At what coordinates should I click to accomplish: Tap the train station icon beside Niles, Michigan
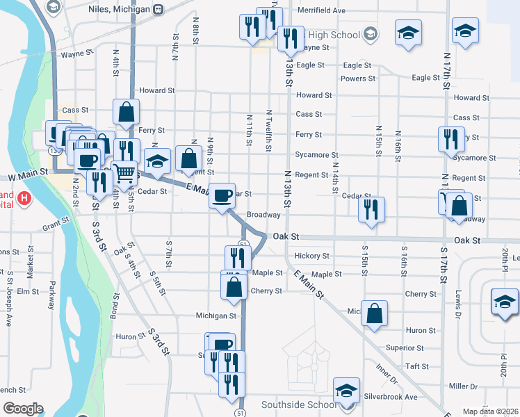(159, 10)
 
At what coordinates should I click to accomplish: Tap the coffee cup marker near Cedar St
(223, 196)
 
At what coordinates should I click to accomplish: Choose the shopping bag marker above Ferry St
(127, 112)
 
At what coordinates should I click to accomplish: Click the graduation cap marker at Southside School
(346, 391)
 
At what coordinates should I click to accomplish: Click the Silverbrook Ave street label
(391, 397)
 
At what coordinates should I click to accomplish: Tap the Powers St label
(358, 79)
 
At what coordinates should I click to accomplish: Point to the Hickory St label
(311, 256)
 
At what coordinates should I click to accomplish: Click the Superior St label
(405, 347)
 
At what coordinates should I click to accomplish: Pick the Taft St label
(417, 366)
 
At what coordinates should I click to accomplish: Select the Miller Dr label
(464, 386)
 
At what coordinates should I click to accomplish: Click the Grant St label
(56, 224)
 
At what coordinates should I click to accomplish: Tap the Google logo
(24, 409)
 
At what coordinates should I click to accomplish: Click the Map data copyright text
(489, 411)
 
